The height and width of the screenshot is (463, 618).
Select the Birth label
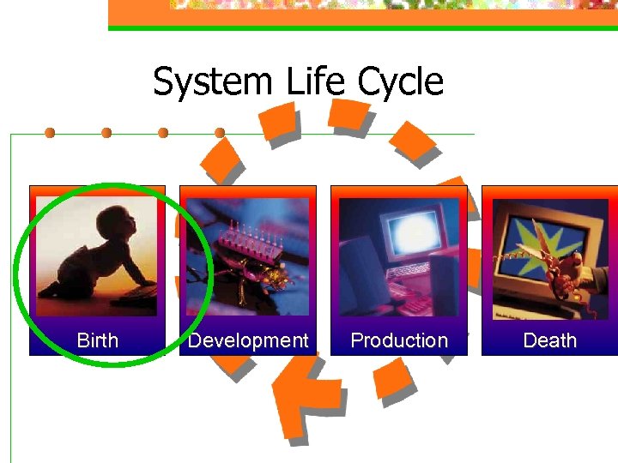pyautogui.click(x=98, y=340)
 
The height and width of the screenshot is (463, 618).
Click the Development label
pyautogui.click(x=248, y=340)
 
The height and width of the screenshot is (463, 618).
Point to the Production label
pyautogui.click(x=399, y=340)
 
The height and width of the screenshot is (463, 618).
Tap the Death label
pyautogui.click(x=549, y=340)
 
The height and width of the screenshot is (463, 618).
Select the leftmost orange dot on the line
pyautogui.click(x=51, y=133)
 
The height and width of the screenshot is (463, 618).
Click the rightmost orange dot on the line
pyautogui.click(x=220, y=133)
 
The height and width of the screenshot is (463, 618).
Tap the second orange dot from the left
pyautogui.click(x=106, y=133)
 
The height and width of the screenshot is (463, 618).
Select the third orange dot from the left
pyautogui.click(x=163, y=133)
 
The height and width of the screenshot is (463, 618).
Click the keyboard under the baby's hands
pyautogui.click(x=133, y=295)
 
